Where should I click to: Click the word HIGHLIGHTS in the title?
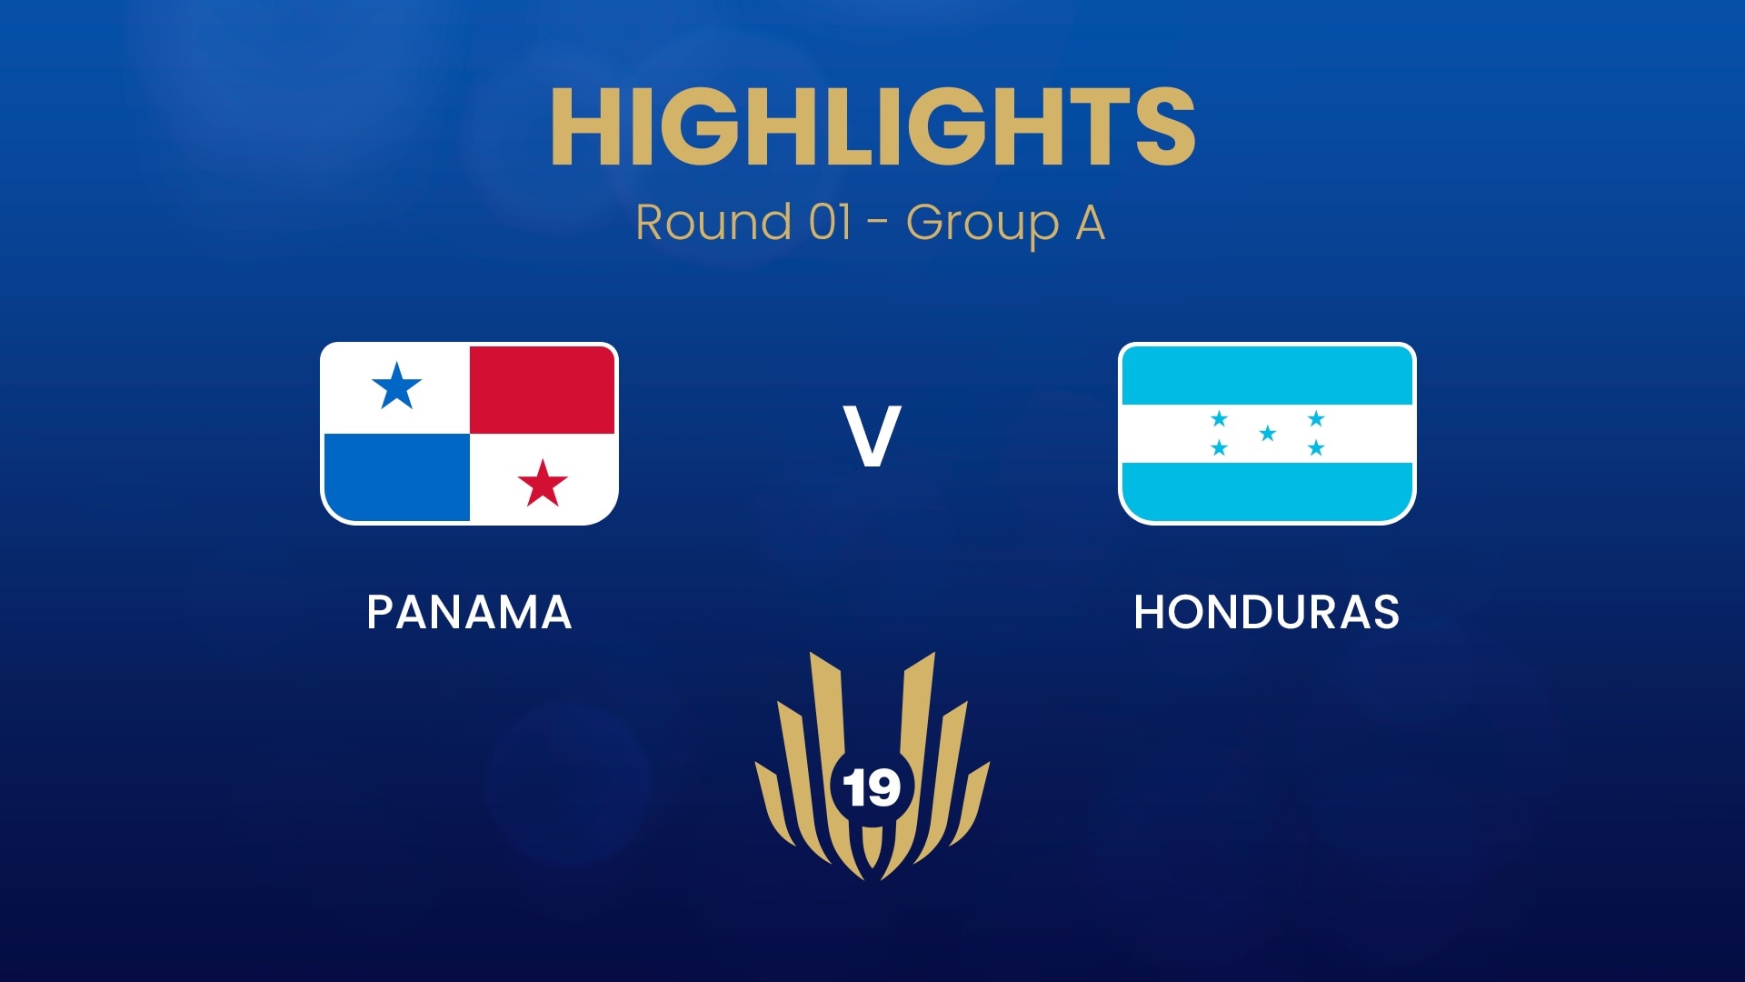pos(872,127)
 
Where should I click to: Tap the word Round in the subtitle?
pos(713,223)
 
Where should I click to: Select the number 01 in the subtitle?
pos(830,223)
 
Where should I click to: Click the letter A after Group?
pos(1090,223)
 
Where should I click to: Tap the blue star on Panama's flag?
pos(397,386)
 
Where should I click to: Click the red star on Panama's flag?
pos(543,483)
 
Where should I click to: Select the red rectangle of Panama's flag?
pos(543,389)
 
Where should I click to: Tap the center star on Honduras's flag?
pos(1267,434)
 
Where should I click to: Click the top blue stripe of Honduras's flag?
pos(1267,375)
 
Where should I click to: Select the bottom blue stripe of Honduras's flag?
pos(1267,492)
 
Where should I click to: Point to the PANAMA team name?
pos(469,612)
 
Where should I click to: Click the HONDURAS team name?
pos(1266,612)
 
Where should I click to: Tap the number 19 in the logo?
pos(872,787)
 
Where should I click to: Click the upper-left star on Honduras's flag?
pos(1219,419)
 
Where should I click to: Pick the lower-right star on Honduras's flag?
pos(1315,448)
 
